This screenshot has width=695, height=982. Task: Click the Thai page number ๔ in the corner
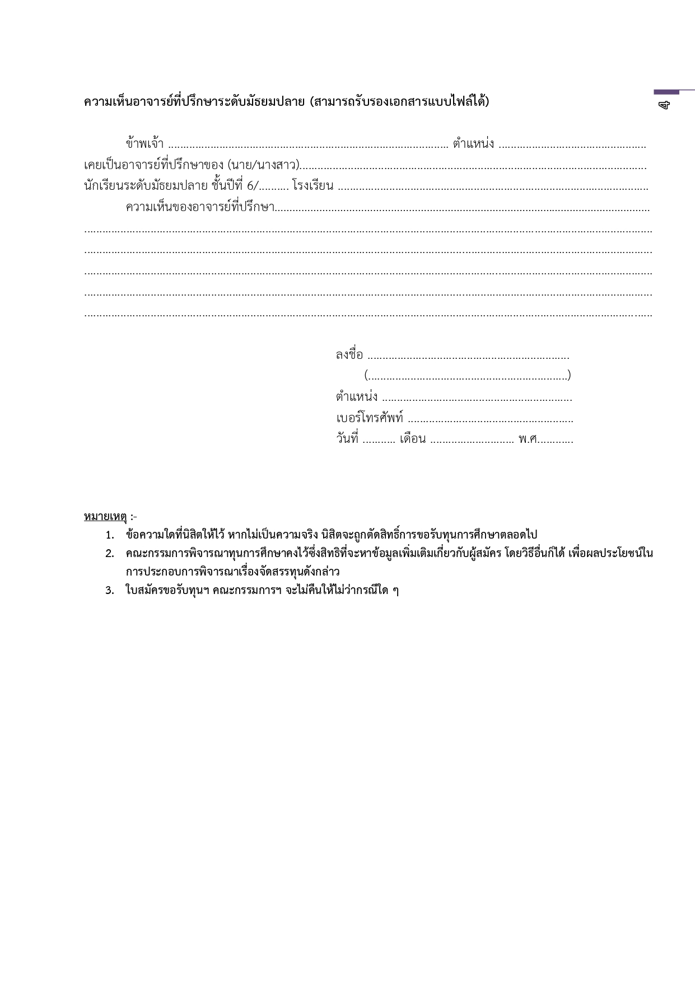tap(664, 105)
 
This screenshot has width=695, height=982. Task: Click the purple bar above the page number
tap(666, 92)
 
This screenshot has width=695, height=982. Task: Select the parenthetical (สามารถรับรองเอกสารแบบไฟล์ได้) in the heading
tap(399, 102)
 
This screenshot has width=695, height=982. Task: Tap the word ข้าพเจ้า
tap(144, 144)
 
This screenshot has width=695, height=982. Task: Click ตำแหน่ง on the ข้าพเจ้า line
tap(473, 144)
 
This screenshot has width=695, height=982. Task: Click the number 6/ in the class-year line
tap(253, 186)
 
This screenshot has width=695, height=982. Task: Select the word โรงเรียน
tap(312, 186)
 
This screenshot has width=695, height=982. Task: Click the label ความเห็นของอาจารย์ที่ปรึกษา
tap(200, 207)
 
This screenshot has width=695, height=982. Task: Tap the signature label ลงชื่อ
tap(349, 355)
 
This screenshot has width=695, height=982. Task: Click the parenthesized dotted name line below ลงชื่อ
tap(467, 375)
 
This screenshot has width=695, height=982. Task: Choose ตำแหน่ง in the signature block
tap(357, 398)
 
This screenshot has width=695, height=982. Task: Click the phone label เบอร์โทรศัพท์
tap(370, 418)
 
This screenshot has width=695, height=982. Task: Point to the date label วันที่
tap(347, 439)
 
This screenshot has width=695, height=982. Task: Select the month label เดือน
tap(412, 439)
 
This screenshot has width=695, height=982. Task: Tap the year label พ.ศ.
tap(528, 439)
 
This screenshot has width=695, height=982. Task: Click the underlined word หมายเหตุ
tap(105, 516)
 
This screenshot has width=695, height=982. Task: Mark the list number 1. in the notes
tap(110, 535)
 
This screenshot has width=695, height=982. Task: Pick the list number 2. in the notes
tap(110, 554)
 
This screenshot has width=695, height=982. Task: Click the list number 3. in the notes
tap(110, 591)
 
